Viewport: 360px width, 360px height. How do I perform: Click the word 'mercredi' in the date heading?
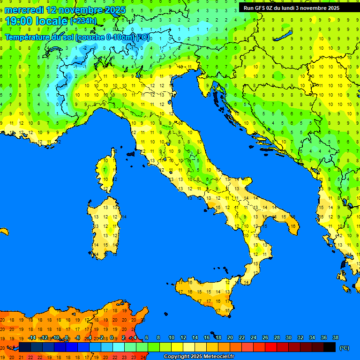24,10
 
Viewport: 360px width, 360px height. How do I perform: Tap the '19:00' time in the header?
20,21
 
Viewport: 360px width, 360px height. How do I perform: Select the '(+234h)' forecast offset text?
83,21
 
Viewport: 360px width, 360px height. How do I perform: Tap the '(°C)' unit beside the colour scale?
344,348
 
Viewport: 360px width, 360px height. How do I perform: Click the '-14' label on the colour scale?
32,338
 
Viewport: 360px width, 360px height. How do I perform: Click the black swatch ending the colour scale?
330,347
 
